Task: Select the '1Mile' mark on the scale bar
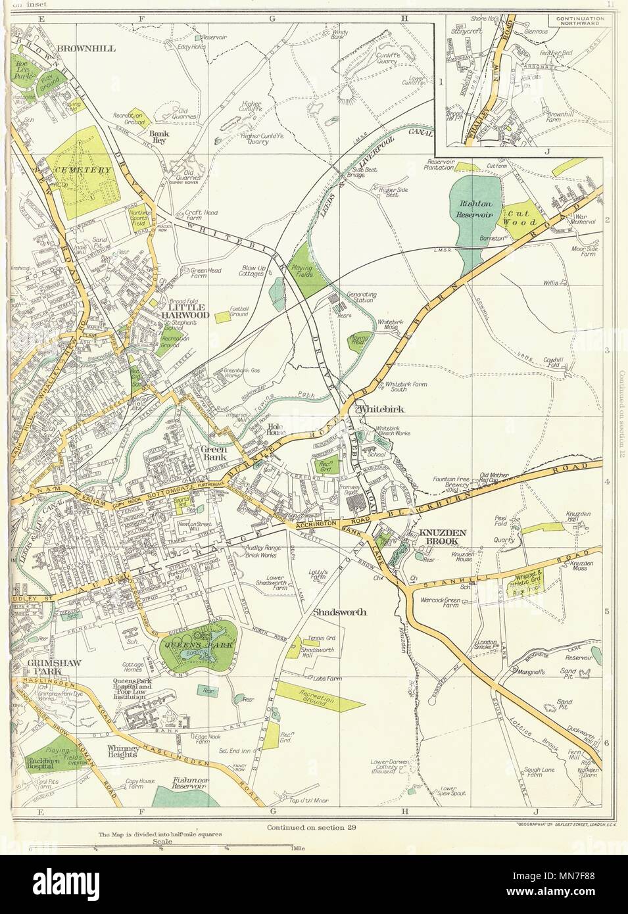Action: [295, 848]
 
